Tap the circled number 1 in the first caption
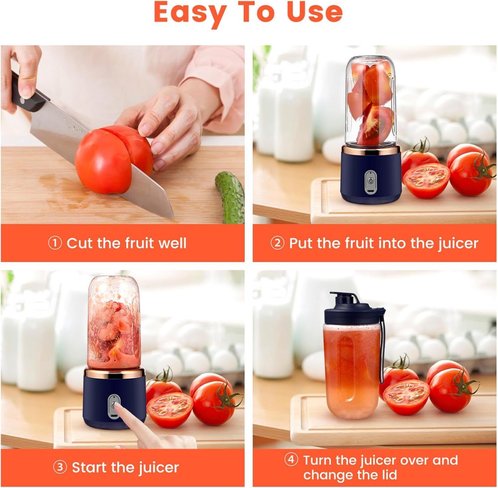[55, 243]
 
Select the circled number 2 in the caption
[277, 243]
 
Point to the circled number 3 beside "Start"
[60, 467]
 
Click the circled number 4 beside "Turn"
[291, 460]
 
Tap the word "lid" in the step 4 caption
[388, 475]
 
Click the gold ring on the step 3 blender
[115, 373]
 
